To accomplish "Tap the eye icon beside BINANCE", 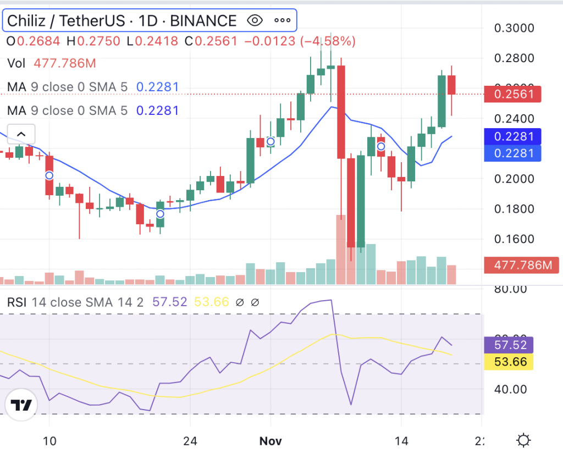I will click(x=255, y=21).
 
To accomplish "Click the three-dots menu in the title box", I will click(x=282, y=21).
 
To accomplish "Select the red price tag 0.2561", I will click(x=512, y=94).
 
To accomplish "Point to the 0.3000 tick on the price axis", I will click(x=514, y=28).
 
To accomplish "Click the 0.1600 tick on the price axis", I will click(x=514, y=239).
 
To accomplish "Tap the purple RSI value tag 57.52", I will click(x=511, y=345).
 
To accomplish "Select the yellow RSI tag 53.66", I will click(x=511, y=362).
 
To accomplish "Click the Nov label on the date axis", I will click(x=271, y=441).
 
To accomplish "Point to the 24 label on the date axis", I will click(x=190, y=441).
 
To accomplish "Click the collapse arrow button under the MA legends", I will click(x=21, y=134).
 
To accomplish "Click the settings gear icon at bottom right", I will click(x=523, y=440).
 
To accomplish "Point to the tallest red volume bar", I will click(x=341, y=250).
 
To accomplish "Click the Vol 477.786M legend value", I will click(x=64, y=63).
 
